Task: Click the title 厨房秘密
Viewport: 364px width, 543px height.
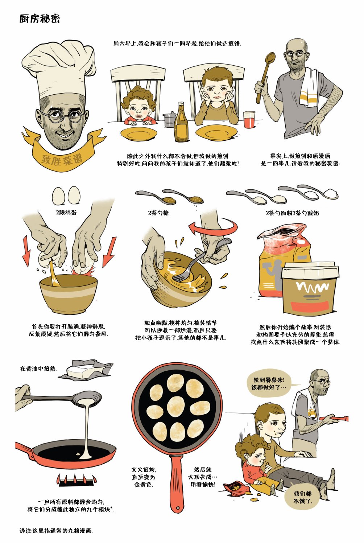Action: coord(40,18)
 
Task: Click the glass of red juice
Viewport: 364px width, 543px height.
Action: coord(249,119)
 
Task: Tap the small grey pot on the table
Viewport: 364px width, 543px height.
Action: coord(169,119)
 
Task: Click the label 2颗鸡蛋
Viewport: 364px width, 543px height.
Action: coord(66,212)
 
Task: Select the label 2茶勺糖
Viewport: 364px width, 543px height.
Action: coord(158,213)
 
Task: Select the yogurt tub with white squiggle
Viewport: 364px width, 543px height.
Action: coord(310,288)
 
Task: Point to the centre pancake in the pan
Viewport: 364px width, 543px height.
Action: coord(177,407)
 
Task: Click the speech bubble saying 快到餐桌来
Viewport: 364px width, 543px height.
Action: coord(269,384)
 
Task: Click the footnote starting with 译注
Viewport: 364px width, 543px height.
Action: coord(56,531)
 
